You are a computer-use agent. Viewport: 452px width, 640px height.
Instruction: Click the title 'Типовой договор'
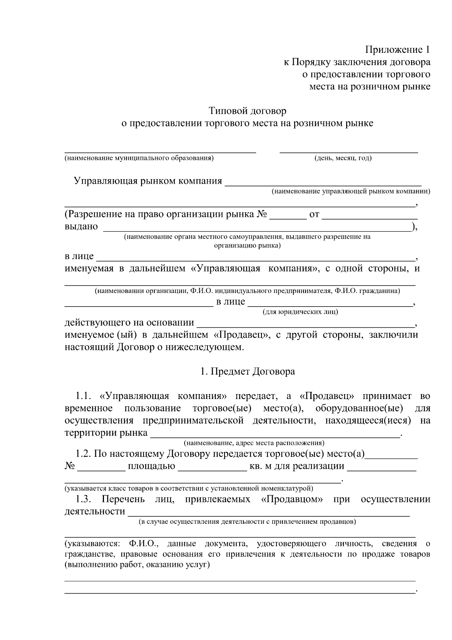click(x=247, y=111)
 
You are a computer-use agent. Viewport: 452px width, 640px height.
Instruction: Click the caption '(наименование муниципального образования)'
click(x=139, y=158)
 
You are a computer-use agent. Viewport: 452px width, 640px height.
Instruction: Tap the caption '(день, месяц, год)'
click(x=343, y=158)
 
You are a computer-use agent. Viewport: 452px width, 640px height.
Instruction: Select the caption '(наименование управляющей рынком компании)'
click(x=351, y=191)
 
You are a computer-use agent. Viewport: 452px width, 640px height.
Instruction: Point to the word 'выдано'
click(x=81, y=226)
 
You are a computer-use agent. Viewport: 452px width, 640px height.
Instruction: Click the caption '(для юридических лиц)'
click(x=300, y=312)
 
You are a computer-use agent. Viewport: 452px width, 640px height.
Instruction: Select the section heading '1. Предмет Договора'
click(x=247, y=371)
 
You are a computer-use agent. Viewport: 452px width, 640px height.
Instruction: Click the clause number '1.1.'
click(x=84, y=396)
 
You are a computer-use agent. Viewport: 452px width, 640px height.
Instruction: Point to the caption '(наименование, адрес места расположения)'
click(x=254, y=443)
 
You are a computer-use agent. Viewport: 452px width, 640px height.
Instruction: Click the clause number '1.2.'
click(x=83, y=454)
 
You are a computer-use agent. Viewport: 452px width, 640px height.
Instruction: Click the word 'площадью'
click(x=151, y=466)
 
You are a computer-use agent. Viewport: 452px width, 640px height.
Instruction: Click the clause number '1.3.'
click(x=83, y=499)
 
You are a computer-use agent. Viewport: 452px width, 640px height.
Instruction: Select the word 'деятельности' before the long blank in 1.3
click(x=95, y=511)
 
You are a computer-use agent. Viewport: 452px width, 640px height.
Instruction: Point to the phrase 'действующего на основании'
click(x=130, y=323)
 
